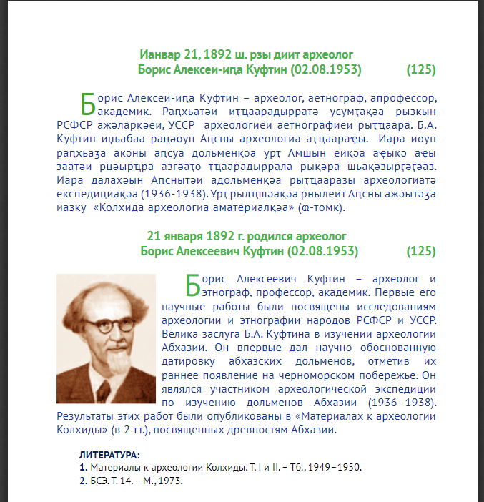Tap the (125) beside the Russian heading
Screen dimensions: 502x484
point(420,252)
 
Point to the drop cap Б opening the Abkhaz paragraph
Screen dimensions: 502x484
point(87,104)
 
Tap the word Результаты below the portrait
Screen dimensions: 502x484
point(84,417)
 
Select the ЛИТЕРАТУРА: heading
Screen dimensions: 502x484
point(110,455)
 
